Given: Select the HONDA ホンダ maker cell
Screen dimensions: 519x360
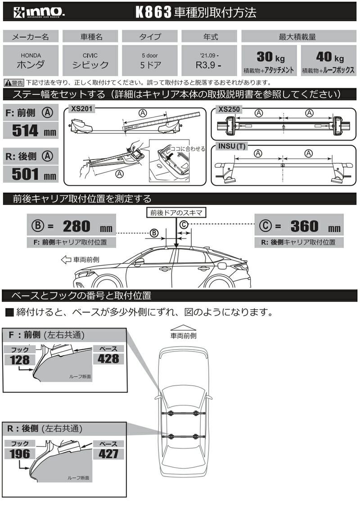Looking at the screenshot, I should point(31,61).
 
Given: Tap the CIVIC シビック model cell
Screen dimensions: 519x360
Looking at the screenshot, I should point(90,61).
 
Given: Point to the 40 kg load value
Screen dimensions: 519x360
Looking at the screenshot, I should point(328,57).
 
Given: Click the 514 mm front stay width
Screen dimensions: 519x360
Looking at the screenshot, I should point(31,131).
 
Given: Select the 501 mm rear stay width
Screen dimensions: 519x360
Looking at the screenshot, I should point(31,174).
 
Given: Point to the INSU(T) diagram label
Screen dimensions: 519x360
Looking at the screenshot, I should point(232,146).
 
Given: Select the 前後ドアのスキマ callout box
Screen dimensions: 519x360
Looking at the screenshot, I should point(176,212).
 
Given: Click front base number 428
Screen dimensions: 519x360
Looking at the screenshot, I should point(108,359).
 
